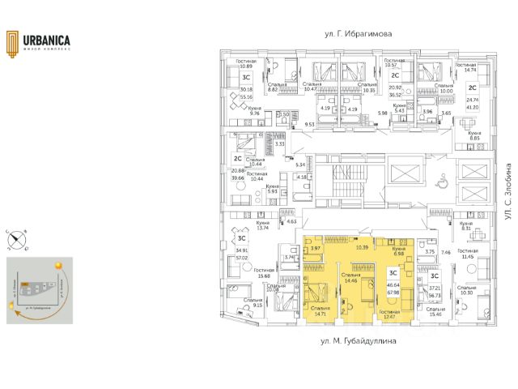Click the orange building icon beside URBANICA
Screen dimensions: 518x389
pyautogui.click(x=13, y=42)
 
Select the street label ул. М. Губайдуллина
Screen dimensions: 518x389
pyautogui.click(x=358, y=343)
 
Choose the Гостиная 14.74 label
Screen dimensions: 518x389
pyautogui.click(x=465, y=68)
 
